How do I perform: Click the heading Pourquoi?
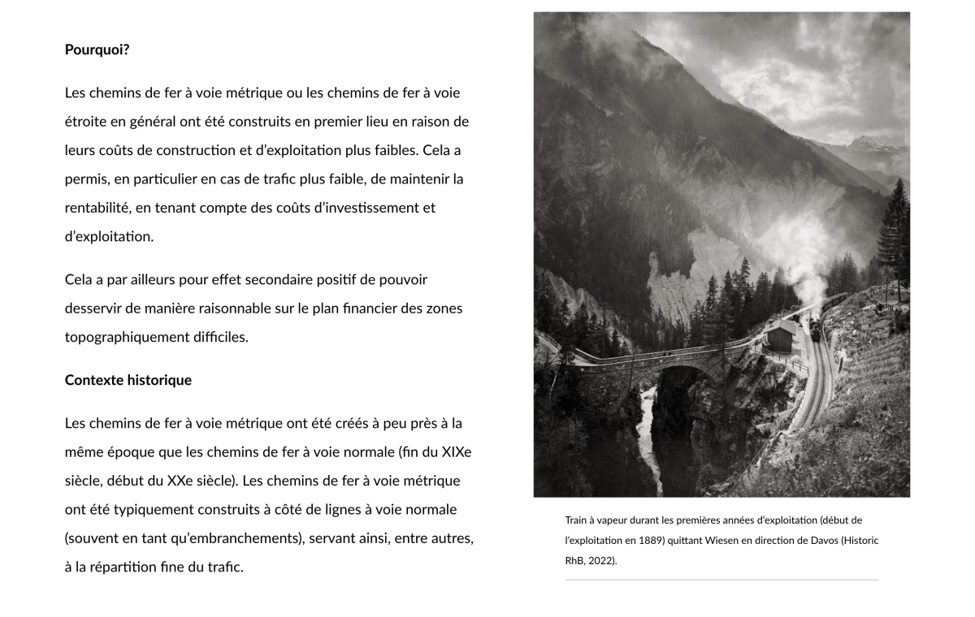(x=97, y=50)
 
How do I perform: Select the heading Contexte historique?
(x=128, y=380)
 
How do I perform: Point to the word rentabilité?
(x=97, y=208)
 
